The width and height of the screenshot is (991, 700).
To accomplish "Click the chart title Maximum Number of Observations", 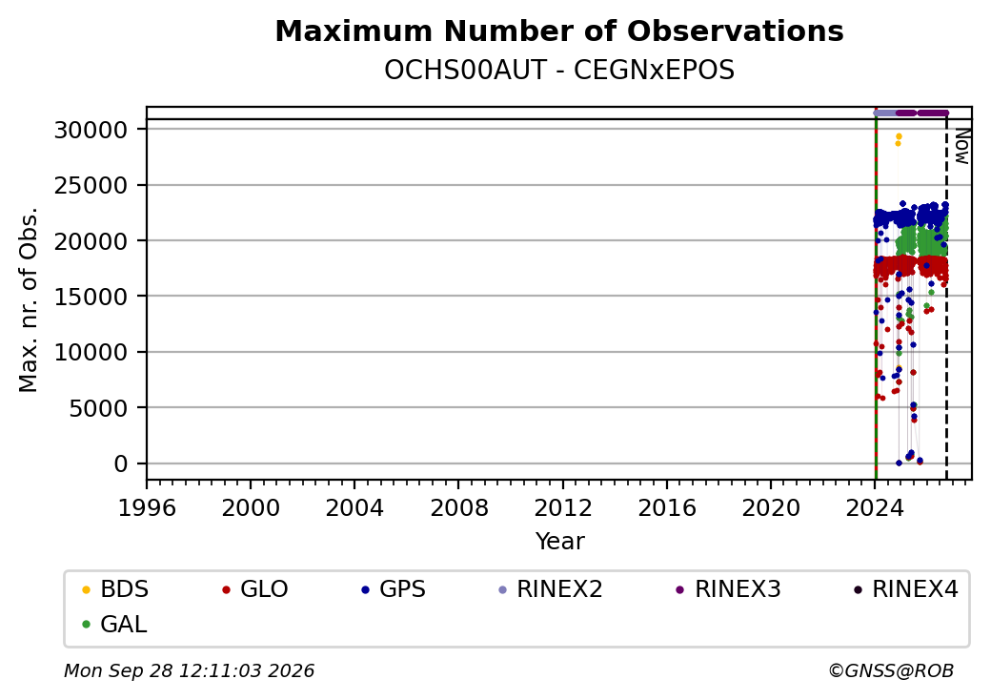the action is coord(559,31).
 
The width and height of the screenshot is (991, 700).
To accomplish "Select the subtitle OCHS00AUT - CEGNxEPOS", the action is coord(559,71).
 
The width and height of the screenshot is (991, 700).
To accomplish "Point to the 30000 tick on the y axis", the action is coord(91,130).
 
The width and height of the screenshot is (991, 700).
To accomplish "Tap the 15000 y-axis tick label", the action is coord(91,297).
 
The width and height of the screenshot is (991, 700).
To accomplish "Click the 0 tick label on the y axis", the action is coord(121,463).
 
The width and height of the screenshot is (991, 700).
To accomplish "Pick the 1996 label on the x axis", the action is coord(147,507).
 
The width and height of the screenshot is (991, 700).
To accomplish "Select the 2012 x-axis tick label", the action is coord(563,507).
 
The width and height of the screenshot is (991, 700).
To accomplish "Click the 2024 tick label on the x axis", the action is coord(876,507).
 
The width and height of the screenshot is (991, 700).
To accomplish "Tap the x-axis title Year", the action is coord(560,542).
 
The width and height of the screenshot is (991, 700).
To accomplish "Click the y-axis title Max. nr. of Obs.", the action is coord(29,299).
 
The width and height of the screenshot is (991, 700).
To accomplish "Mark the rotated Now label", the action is coord(961,147).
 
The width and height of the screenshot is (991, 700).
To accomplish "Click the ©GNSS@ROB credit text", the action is coord(891,670).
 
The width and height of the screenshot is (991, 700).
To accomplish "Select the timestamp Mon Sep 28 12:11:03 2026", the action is coord(189,670).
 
